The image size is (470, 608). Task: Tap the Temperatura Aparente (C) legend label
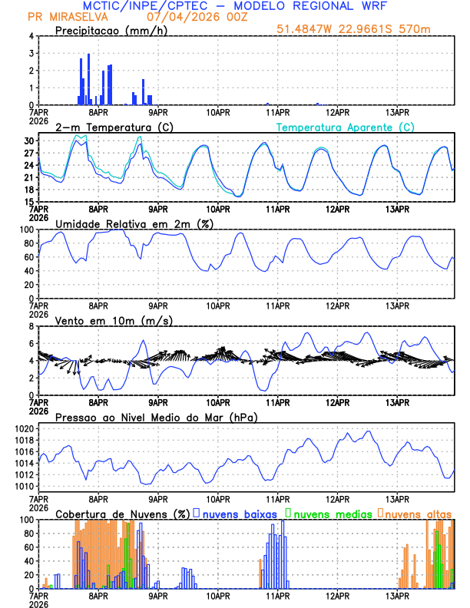[x=346, y=127]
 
